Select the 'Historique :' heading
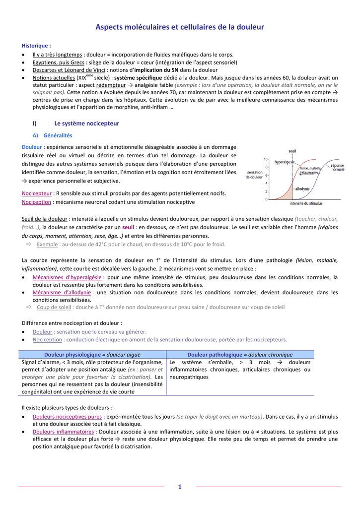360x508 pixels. [x=36, y=46]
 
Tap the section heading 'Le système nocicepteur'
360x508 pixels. [x=87, y=123]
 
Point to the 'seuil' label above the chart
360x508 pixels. [x=292, y=151]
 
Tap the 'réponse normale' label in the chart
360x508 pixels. [x=337, y=168]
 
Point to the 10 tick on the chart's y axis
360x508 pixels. [x=266, y=159]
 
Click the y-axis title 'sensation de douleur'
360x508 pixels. [x=255, y=175]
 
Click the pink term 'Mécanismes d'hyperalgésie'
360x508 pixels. [x=67, y=277]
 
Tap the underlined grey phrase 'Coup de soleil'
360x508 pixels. [x=54, y=307]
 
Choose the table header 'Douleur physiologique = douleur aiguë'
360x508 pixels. [x=92, y=355]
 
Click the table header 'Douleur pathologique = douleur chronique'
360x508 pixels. [x=240, y=355]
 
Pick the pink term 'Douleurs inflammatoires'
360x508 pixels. [x=63, y=432]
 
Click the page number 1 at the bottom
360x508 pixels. [x=180, y=487]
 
